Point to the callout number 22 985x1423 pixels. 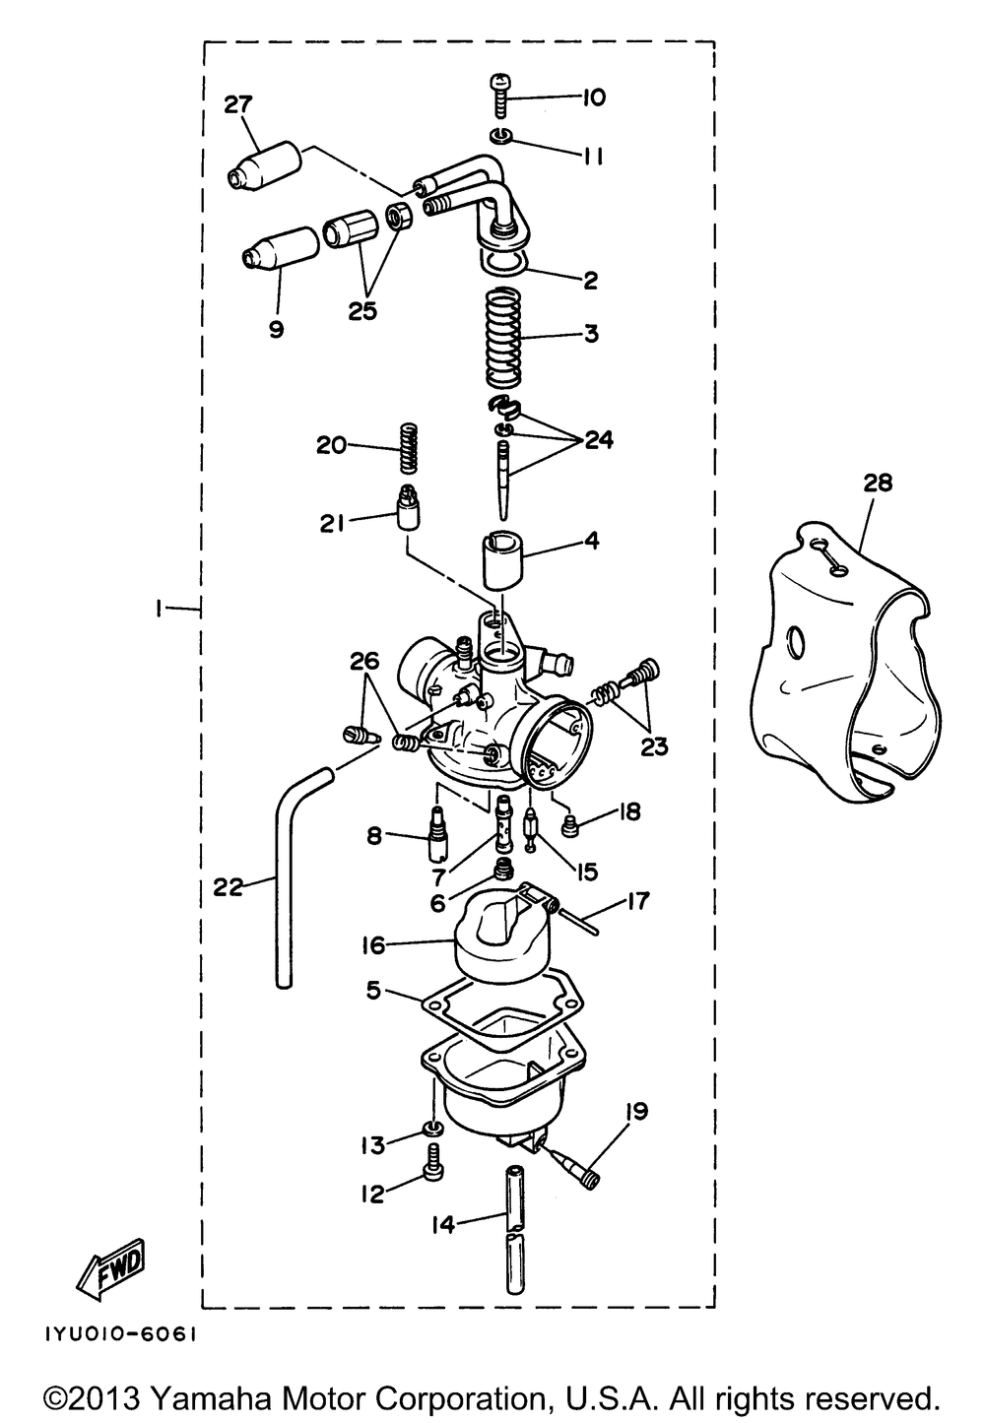[x=228, y=887]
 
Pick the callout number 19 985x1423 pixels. [x=635, y=1112]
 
